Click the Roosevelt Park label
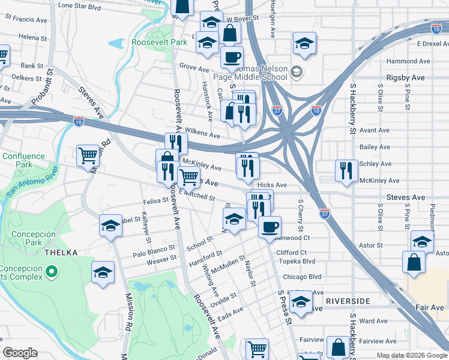(160, 43)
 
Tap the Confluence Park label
(23, 160)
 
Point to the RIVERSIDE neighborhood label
(351, 300)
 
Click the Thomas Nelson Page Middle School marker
(295, 73)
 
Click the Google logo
(20, 353)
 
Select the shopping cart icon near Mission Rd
(88, 155)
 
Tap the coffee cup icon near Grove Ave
(232, 57)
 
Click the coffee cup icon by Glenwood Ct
(270, 226)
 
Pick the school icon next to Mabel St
(110, 226)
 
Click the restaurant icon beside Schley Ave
(346, 170)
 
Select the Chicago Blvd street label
(302, 277)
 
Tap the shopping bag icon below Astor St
(414, 262)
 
